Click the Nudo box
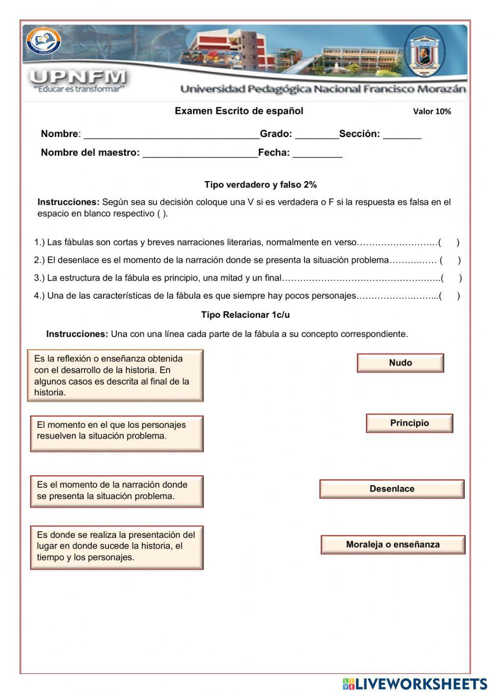(x=400, y=363)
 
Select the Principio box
(x=409, y=423)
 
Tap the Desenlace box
(x=392, y=489)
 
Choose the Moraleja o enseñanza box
(x=393, y=544)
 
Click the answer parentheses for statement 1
(x=449, y=242)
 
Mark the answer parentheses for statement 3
(x=451, y=278)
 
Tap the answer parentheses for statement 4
(x=449, y=296)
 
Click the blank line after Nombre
(x=171, y=135)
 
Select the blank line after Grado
(x=316, y=135)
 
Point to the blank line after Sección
(x=402, y=135)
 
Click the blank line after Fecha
(x=317, y=153)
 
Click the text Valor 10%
(x=432, y=111)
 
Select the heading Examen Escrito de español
(x=239, y=111)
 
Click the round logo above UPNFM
(x=43, y=41)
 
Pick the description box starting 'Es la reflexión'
(x=115, y=375)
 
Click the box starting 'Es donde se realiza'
(x=117, y=547)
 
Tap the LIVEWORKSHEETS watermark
(x=415, y=684)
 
